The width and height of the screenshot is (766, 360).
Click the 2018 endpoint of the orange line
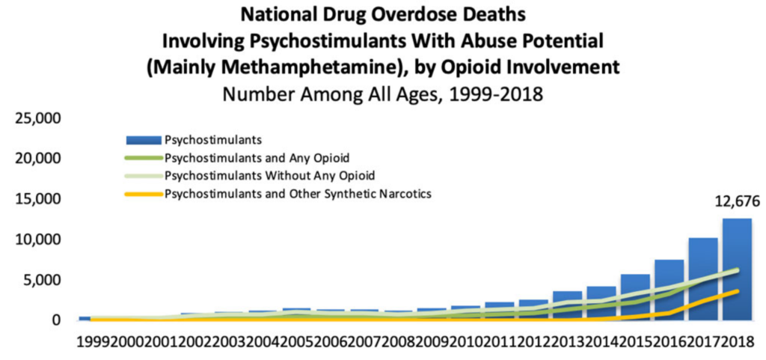point(738,291)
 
